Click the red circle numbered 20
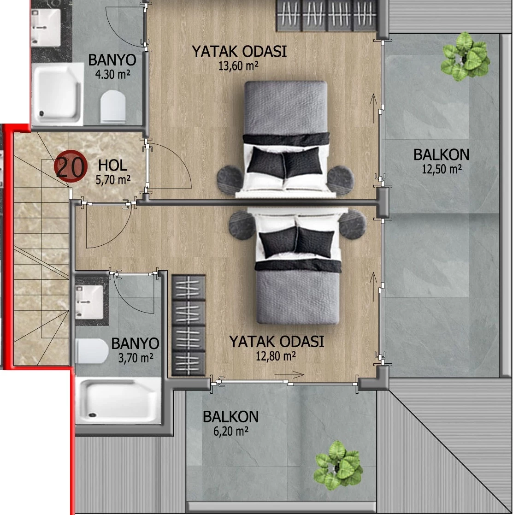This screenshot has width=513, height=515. (70, 166)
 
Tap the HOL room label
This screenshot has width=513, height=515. (112, 165)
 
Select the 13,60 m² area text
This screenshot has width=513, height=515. (238, 66)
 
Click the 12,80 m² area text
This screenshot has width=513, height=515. (276, 356)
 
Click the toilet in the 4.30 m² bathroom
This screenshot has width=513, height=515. (113, 107)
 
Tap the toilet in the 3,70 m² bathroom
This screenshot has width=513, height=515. (92, 351)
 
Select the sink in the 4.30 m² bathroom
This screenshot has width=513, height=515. (46, 28)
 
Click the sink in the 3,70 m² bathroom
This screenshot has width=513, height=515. (89, 302)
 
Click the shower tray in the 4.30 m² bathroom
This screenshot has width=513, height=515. (58, 94)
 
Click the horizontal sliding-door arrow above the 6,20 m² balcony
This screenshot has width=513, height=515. (289, 374)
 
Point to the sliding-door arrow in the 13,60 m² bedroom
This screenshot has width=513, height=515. (373, 108)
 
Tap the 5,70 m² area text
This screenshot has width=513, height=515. (113, 180)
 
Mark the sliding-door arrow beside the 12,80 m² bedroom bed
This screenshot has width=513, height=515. (373, 286)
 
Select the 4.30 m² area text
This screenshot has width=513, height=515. (112, 75)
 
